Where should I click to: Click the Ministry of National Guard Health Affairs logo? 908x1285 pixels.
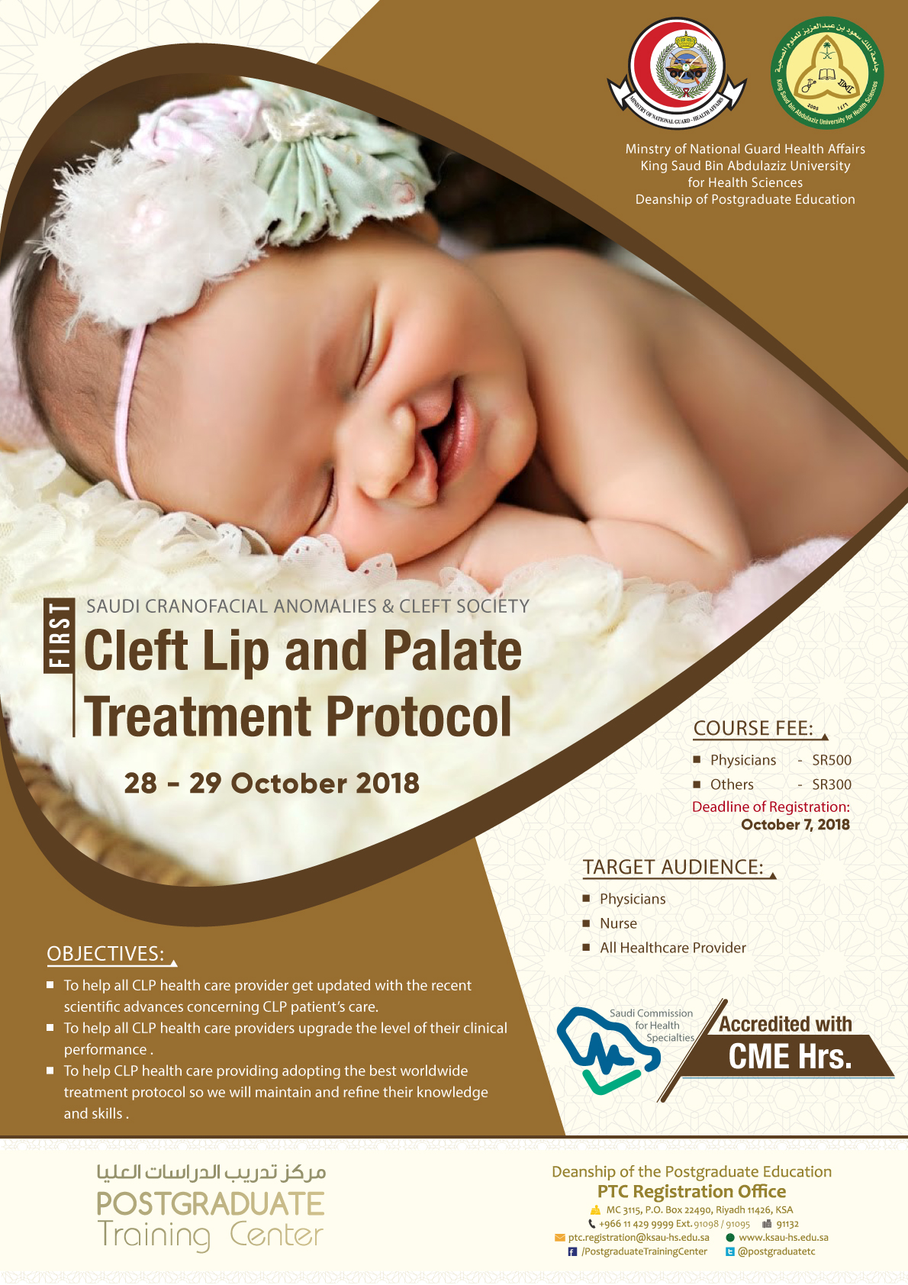pyautogui.click(x=677, y=72)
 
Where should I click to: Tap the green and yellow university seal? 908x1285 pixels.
pyautogui.click(x=826, y=72)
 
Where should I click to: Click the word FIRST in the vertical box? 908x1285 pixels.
pyautogui.click(x=59, y=635)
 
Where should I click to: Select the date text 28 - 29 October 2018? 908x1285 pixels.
pyautogui.click(x=272, y=784)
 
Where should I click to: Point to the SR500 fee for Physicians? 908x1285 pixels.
pyautogui.click(x=831, y=760)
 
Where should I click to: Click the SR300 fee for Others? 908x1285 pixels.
pyautogui.click(x=831, y=784)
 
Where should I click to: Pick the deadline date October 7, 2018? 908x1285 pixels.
pyautogui.click(x=795, y=825)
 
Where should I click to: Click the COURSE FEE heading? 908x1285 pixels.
pyautogui.click(x=753, y=729)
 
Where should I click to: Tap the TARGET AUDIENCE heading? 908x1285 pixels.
pyautogui.click(x=673, y=868)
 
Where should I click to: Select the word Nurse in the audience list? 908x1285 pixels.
pyautogui.click(x=618, y=923)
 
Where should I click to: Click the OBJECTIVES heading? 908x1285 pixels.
pyautogui.click(x=105, y=953)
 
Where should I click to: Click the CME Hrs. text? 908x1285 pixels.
pyautogui.click(x=790, y=1057)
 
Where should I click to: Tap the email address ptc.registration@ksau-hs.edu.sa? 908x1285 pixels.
pyautogui.click(x=639, y=1238)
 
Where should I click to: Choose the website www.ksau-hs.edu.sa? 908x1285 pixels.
pyautogui.click(x=783, y=1238)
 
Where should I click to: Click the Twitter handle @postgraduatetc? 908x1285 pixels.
pyautogui.click(x=776, y=1251)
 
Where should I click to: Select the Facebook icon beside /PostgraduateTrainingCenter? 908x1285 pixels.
pyautogui.click(x=572, y=1251)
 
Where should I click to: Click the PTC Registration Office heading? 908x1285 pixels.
pyautogui.click(x=691, y=1191)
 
